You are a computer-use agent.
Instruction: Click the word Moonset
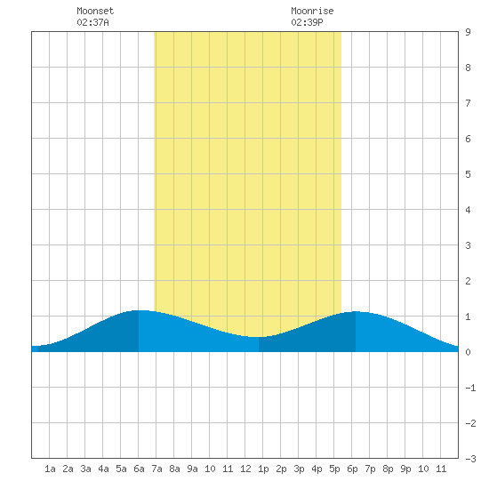pos(95,11)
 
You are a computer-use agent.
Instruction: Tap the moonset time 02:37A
pos(92,22)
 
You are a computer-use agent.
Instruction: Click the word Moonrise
pos(312,11)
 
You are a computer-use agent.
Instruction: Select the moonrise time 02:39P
pos(307,22)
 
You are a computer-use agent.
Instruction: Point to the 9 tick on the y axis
pos(468,32)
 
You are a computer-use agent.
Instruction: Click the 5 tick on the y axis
pos(468,174)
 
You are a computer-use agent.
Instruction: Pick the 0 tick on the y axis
pos(468,352)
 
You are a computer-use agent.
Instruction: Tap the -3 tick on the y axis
pos(470,459)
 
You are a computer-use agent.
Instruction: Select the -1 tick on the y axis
pos(470,388)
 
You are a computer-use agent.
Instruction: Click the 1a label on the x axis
pos(50,469)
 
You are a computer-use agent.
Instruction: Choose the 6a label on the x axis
pos(139,469)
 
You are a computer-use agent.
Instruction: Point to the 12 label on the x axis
pos(245,469)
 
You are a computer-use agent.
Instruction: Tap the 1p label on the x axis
pos(263,469)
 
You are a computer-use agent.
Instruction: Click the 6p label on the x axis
pos(352,469)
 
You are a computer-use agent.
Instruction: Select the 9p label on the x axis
pos(405,469)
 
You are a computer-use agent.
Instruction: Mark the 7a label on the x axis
pos(156,469)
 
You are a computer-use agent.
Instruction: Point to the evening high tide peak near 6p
pos(356,311)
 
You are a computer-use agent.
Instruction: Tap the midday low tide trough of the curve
pos(259,337)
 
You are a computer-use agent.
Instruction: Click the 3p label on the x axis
pos(299,469)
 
